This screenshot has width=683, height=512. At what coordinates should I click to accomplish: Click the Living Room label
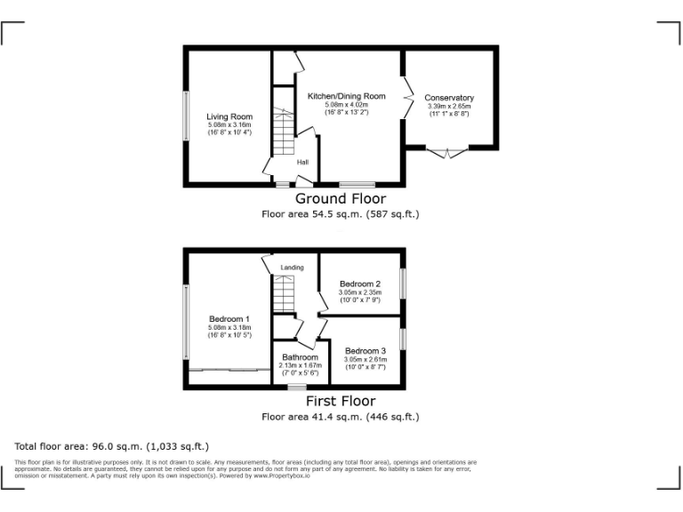[229, 116]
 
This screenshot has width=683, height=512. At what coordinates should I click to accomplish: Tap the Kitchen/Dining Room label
[346, 96]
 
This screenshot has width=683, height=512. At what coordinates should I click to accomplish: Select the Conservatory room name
[449, 98]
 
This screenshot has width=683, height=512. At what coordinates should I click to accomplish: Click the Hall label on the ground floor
[302, 162]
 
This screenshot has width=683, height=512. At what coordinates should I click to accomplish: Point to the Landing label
[292, 268]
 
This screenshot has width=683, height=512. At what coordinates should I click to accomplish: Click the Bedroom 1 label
[229, 319]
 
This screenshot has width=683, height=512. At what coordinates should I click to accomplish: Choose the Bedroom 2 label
[360, 284]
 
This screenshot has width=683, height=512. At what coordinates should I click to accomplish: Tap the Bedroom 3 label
[366, 350]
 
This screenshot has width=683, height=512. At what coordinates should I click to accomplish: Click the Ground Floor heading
[341, 199]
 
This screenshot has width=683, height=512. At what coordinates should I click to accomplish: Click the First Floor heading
[341, 402]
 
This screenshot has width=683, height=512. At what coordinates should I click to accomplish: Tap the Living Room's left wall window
[186, 116]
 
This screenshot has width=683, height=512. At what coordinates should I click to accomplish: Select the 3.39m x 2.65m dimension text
[449, 107]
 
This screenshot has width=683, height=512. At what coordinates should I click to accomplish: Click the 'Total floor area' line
[112, 446]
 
